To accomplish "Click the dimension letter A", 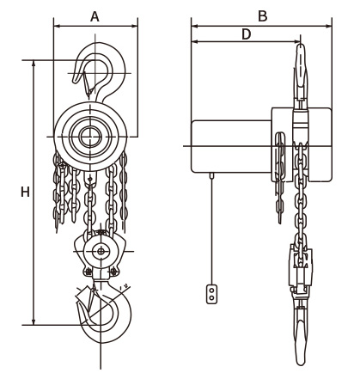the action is [x=95, y=16].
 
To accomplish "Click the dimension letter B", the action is [x=262, y=16].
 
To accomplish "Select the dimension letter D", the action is [x=246, y=34].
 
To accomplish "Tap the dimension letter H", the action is [x=25, y=192].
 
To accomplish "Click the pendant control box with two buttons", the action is [x=211, y=294].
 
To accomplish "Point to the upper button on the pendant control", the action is [x=211, y=290].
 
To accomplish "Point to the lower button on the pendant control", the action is [x=211, y=298].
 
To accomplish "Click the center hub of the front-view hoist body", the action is [x=90, y=137].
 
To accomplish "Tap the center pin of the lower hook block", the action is [x=101, y=252].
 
